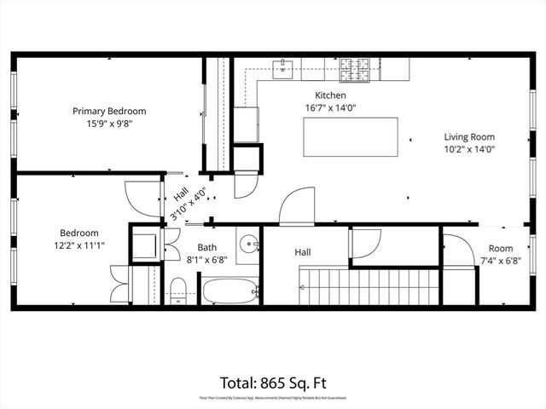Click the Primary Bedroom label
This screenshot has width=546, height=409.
tap(108, 111)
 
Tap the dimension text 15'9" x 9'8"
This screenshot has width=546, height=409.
tap(108, 123)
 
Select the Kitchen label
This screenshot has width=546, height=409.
tap(330, 95)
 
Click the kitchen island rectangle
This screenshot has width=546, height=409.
tap(351, 136)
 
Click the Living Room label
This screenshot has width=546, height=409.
tap(469, 136)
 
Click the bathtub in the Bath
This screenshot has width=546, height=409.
tap(230, 291)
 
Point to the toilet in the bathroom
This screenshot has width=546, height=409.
tap(178, 288)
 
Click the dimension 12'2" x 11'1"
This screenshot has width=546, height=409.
tap(78, 245)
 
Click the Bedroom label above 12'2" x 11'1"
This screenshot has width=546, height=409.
tap(78, 233)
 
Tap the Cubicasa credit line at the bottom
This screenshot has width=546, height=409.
tap(272, 397)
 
